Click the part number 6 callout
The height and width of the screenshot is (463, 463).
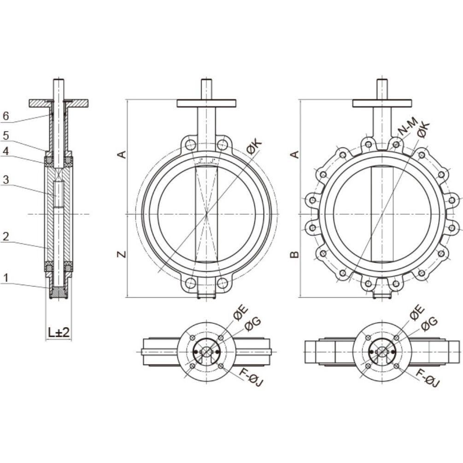[6, 116]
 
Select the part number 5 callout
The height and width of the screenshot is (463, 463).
[6, 135]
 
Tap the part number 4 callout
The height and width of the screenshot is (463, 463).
[6, 152]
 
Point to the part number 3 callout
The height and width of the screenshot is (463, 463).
[6, 180]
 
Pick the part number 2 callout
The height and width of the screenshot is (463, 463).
[6, 236]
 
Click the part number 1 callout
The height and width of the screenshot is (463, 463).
[6, 277]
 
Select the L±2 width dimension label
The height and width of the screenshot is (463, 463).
[59, 333]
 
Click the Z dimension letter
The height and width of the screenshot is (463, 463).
[122, 254]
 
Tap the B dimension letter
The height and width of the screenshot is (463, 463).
[294, 254]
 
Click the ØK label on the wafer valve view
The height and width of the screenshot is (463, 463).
[254, 147]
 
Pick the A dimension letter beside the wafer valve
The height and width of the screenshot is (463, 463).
[122, 154]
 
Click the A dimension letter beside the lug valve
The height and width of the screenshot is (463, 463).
[294, 154]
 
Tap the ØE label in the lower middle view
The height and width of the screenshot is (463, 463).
[240, 314]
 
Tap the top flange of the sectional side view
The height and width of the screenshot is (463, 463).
[59, 103]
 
